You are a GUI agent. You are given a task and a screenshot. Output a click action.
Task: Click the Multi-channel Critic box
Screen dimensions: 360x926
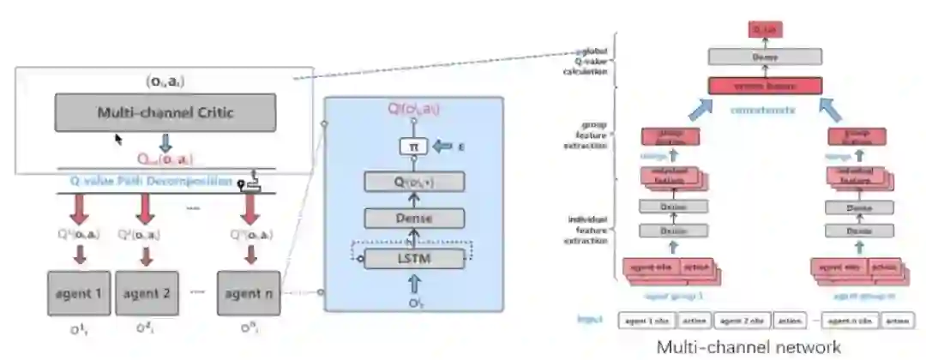point(165,111)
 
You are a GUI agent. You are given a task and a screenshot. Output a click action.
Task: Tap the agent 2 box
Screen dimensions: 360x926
point(147,294)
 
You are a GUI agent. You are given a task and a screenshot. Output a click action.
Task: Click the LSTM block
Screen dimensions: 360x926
point(415,257)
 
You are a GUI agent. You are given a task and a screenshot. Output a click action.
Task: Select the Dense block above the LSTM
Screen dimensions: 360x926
point(415,219)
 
